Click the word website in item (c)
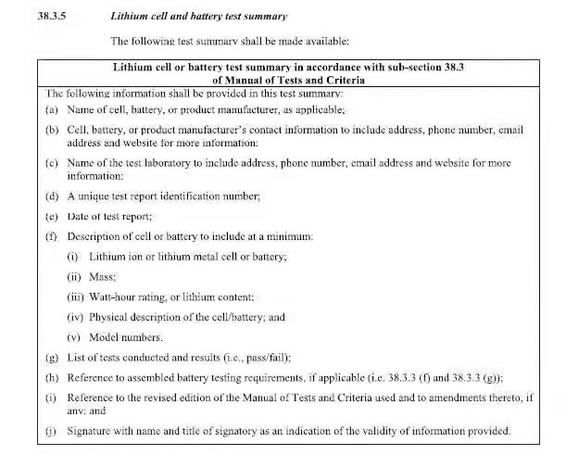point(448,163)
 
